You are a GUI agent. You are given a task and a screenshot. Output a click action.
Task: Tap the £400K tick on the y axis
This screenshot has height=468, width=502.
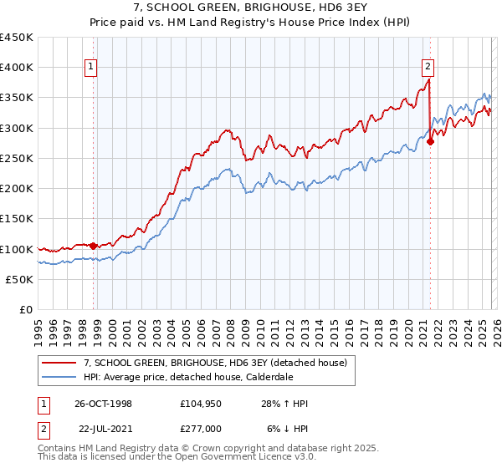(x=17, y=68)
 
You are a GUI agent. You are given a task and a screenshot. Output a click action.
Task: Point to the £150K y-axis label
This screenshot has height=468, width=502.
(x=17, y=219)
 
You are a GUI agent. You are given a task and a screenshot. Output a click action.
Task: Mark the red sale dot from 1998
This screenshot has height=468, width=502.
(x=94, y=246)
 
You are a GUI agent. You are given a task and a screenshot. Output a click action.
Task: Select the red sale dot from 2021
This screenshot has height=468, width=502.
(x=431, y=142)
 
